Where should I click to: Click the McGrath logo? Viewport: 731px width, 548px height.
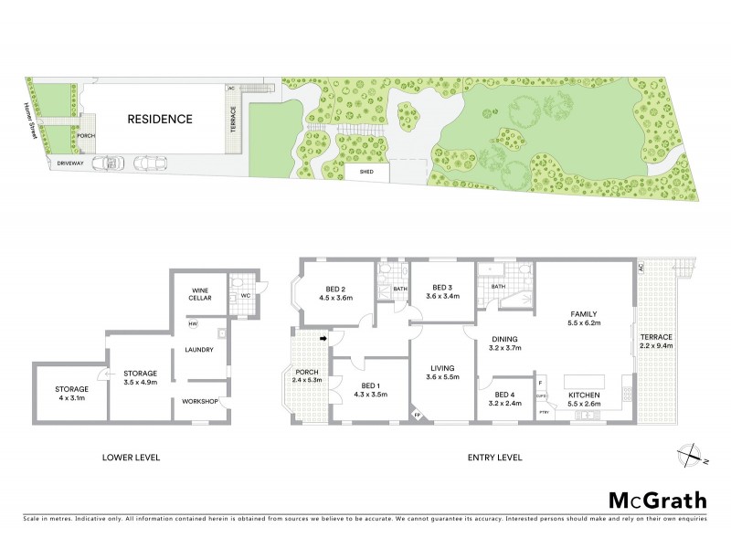coord(657,500)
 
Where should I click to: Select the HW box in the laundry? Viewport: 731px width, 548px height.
coord(193,324)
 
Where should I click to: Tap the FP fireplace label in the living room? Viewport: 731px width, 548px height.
coord(418,416)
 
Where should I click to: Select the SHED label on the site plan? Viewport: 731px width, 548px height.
coord(365,171)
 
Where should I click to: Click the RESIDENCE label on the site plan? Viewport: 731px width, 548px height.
coord(160,119)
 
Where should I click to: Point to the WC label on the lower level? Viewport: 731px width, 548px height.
coord(245,296)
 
